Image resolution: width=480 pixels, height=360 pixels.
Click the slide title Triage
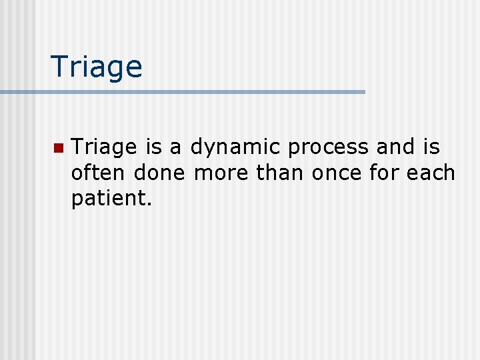coord(97,67)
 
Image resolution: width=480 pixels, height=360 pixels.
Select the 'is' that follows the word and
coord(431,147)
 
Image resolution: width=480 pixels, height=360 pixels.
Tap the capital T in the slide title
coord(59,67)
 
